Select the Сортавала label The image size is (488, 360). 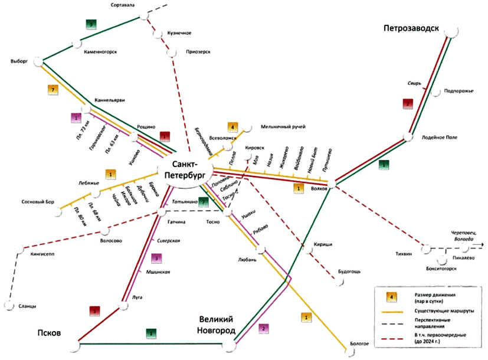click(123, 5)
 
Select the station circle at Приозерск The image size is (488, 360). click(172, 54)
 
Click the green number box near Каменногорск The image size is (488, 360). click(91, 25)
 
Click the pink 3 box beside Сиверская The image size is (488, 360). click(156, 257)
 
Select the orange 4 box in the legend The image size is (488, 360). click(389, 296)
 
